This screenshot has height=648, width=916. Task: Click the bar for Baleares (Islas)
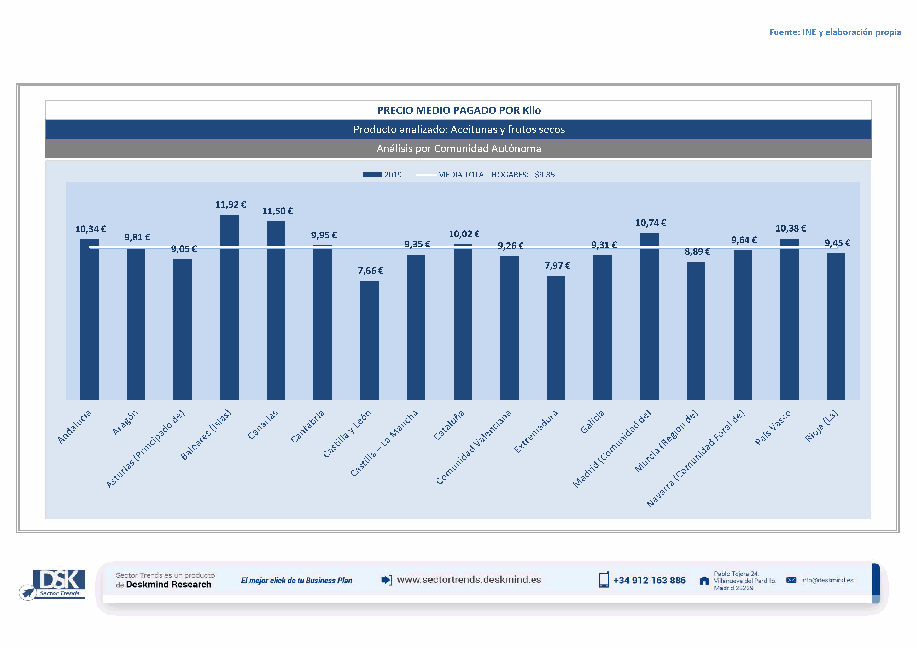pyautogui.click(x=229, y=307)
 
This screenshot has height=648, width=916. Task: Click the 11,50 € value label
pyautogui.click(x=277, y=211)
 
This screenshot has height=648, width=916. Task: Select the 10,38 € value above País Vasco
pyautogui.click(x=790, y=229)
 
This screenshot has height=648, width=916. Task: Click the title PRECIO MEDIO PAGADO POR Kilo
pyautogui.click(x=459, y=111)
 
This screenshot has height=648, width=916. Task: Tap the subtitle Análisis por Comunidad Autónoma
pyautogui.click(x=459, y=148)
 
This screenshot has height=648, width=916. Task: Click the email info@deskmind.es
pyautogui.click(x=827, y=580)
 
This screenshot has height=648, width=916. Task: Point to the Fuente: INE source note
pyautogui.click(x=835, y=32)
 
